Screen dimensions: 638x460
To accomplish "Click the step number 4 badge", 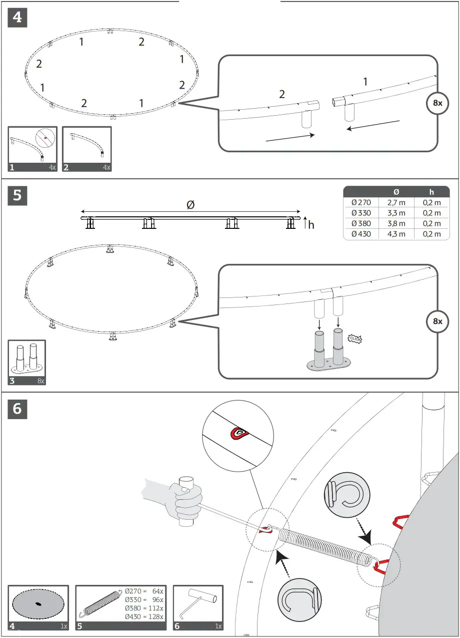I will (17, 18).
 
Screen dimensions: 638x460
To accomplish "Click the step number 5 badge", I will (17, 195).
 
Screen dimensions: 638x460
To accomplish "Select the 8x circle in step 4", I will (437, 103).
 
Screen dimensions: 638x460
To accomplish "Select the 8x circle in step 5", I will (437, 321).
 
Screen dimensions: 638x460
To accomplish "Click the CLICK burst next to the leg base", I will (354, 339).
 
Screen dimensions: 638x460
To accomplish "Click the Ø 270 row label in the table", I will (361, 203).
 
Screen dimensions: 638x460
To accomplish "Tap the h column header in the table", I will (431, 192).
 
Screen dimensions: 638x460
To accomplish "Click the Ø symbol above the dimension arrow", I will (190, 204).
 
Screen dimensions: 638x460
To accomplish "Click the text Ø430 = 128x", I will (144, 616).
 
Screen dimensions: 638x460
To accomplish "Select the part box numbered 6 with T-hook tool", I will (198, 607).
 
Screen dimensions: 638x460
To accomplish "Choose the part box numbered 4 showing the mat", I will (38, 607).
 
